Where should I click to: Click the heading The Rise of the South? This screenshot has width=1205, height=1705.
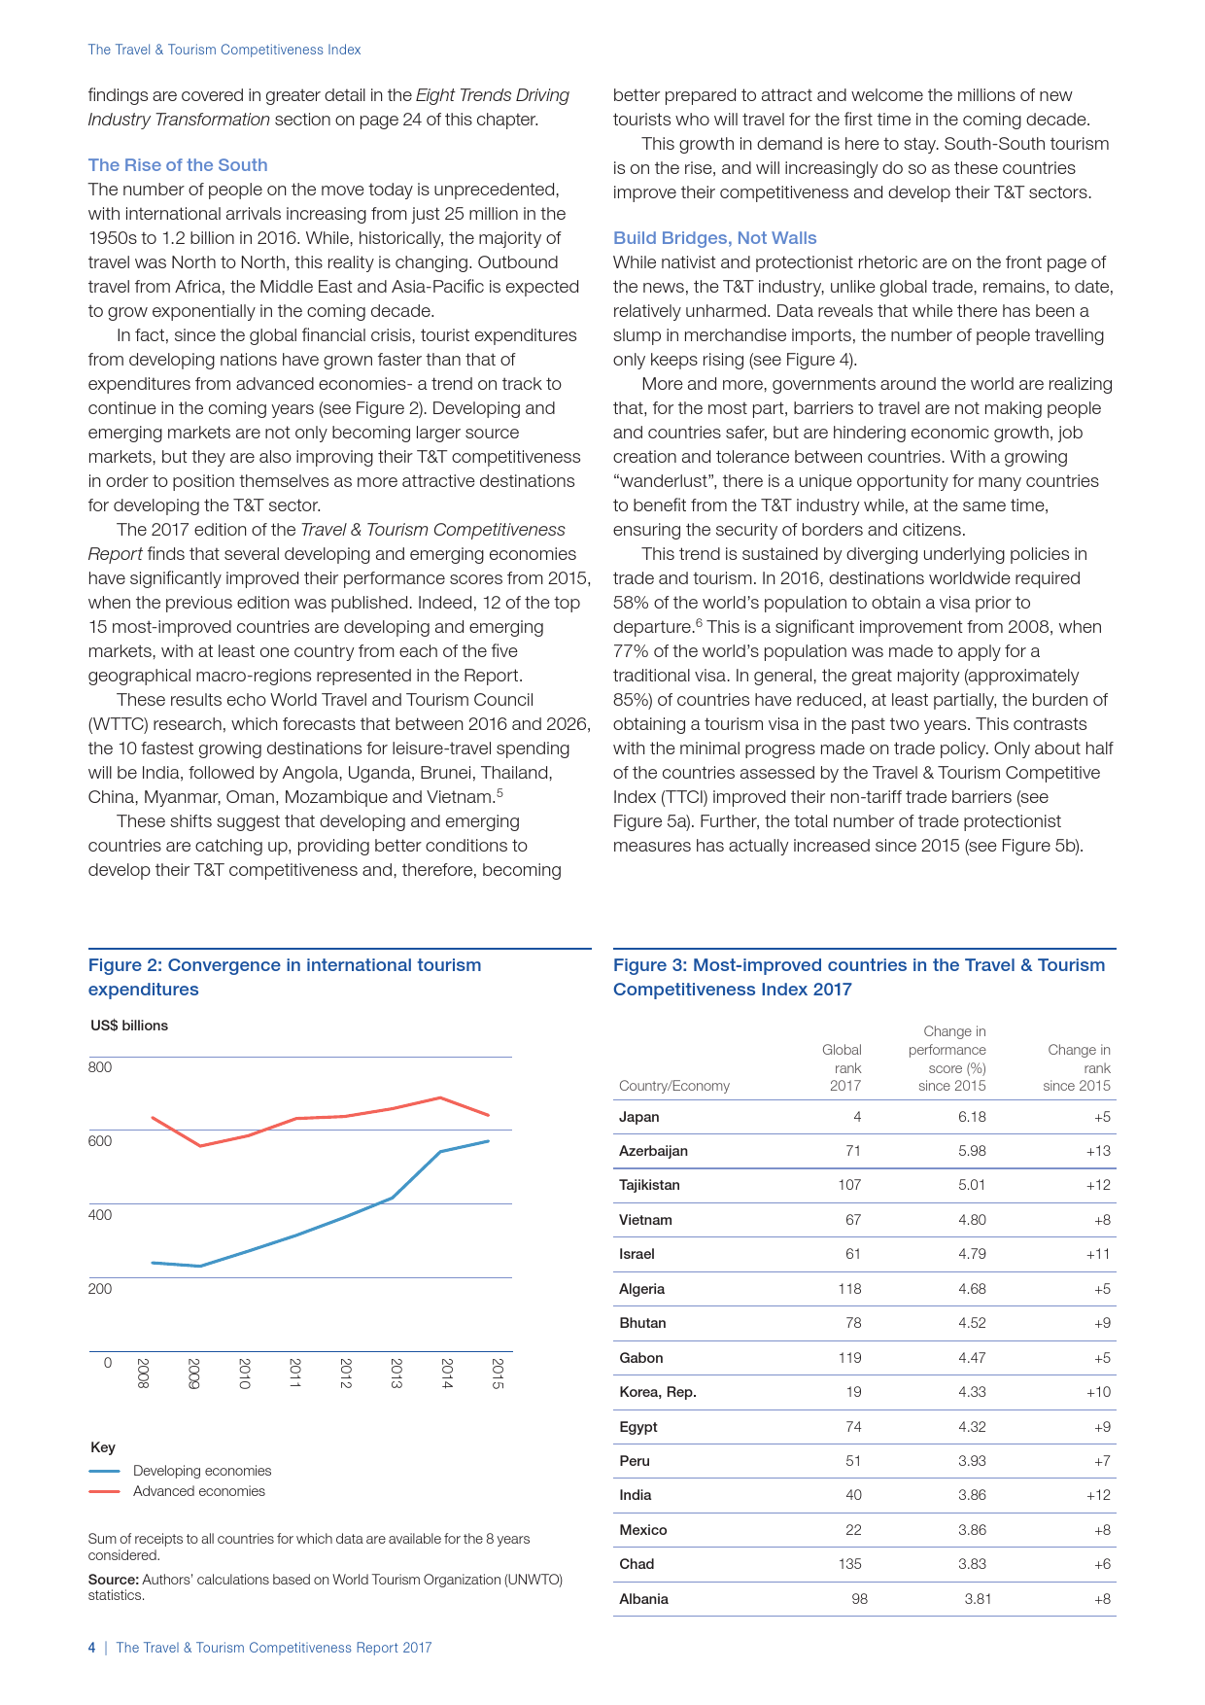pos(178,165)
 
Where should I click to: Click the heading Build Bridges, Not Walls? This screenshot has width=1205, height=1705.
pos(714,238)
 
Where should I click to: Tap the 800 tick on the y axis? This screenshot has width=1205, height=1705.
pos(100,1067)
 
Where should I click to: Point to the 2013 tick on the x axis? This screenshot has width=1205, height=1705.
pos(396,1373)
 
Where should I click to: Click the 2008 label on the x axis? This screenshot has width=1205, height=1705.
pos(143,1373)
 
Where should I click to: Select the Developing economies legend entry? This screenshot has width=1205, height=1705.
pos(202,1471)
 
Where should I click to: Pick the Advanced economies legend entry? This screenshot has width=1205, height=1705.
pos(199,1491)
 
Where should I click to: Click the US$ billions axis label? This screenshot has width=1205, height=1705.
pos(129,1026)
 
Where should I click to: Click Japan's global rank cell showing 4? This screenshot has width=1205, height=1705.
pos(856,1117)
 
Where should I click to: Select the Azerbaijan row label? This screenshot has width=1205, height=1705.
pos(653,1151)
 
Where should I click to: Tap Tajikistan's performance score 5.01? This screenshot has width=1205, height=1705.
pos(972,1185)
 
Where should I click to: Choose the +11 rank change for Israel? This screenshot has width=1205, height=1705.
pos(1098,1254)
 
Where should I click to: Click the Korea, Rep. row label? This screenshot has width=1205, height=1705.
pos(658,1392)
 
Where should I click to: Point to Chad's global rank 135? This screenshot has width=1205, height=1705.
pos(849,1564)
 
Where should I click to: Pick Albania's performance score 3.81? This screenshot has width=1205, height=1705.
pos(978,1599)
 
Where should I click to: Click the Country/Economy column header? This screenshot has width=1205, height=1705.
pos(674,1086)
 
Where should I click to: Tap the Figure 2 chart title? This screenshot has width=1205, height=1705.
pos(285,977)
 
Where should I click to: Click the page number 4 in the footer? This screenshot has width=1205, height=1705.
pos(92,1648)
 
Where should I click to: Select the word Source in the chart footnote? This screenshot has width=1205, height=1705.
pos(113,1580)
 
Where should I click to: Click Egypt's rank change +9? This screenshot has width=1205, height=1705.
pos(1101,1427)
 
